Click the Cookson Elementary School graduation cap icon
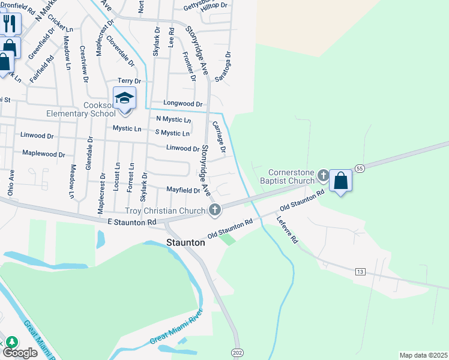125,98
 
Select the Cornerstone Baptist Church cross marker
324,176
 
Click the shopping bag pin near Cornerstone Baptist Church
340,181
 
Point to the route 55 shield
360,169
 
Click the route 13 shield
360,272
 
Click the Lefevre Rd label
288,230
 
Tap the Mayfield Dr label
182,190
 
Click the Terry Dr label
129,81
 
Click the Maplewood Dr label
43,154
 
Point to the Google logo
20,353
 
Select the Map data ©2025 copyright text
423,355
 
